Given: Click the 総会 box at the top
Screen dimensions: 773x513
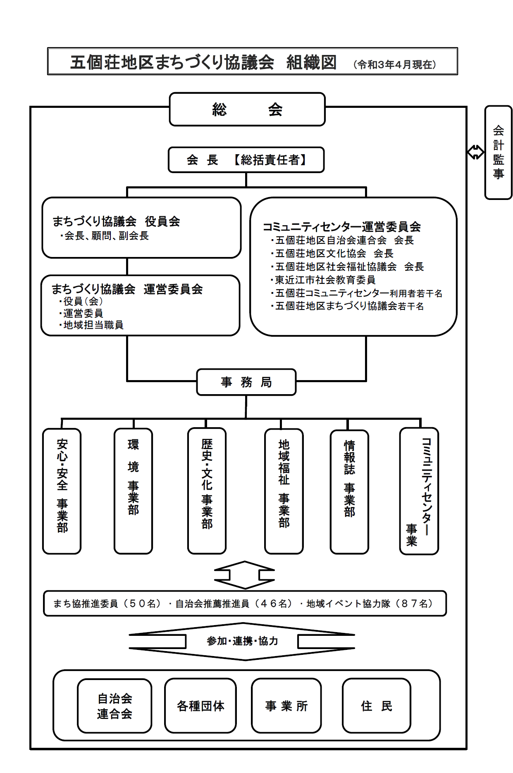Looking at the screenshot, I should pyautogui.click(x=247, y=109).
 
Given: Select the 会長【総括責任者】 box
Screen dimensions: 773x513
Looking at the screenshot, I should pyautogui.click(x=246, y=160).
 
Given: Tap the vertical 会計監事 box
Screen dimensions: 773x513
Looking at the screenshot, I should pyautogui.click(x=498, y=152).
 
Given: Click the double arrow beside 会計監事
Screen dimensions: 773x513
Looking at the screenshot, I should pyautogui.click(x=475, y=152).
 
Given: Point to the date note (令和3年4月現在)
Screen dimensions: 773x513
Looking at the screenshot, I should pyautogui.click(x=395, y=64).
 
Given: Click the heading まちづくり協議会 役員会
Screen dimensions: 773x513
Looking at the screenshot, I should pyautogui.click(x=116, y=221).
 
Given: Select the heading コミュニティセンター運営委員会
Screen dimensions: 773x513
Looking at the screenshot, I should pyautogui.click(x=342, y=227).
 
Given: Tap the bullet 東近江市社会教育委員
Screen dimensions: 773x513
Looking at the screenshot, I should pyautogui.click(x=325, y=280).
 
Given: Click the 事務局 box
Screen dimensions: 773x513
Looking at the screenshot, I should pyautogui.click(x=246, y=382).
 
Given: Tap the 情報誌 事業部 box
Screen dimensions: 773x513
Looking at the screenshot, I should pyautogui.click(x=349, y=492).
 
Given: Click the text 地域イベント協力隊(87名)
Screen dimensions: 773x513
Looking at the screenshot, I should pyautogui.click(x=370, y=604).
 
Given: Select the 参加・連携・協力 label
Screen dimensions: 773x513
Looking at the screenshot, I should pyautogui.click(x=242, y=641).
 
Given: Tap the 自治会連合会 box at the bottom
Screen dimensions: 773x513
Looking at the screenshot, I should pyautogui.click(x=115, y=706).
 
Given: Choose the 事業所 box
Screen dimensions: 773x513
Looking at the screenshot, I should pyautogui.click(x=286, y=706).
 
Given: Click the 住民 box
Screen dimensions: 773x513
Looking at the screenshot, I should pyautogui.click(x=376, y=706).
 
